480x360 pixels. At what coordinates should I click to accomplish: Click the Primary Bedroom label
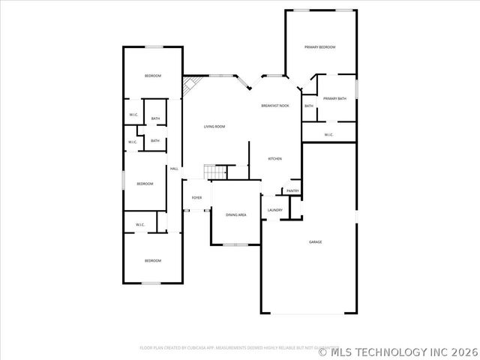(x=319, y=47)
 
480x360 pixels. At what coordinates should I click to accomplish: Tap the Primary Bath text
(x=334, y=99)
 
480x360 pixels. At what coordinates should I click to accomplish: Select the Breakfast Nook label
(x=275, y=106)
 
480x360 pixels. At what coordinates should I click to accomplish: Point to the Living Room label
(x=214, y=127)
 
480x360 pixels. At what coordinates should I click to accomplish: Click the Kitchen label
(x=275, y=159)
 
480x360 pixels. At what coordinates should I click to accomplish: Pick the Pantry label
(x=292, y=191)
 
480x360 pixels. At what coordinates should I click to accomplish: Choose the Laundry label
(x=275, y=210)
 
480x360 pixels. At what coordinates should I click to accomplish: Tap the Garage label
(x=316, y=242)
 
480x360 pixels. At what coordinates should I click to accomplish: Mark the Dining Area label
(x=236, y=215)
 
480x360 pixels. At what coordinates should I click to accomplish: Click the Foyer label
(x=196, y=198)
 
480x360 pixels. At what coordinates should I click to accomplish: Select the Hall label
(x=174, y=169)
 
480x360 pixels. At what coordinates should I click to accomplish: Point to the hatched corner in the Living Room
(x=189, y=85)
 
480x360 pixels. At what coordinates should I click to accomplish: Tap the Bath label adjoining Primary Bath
(x=309, y=106)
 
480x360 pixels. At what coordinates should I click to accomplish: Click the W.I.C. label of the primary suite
(x=328, y=135)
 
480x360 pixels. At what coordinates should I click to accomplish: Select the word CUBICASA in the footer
(x=205, y=348)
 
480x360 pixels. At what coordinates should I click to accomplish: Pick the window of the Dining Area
(x=235, y=244)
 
